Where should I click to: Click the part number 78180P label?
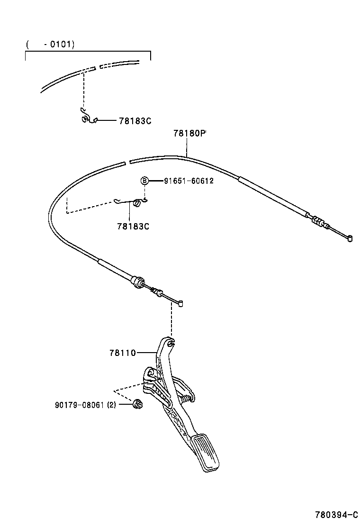pyautogui.click(x=189, y=134)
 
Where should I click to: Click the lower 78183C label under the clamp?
pyautogui.click(x=133, y=226)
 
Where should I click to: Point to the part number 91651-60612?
pyautogui.click(x=189, y=181)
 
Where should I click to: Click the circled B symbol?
pyautogui.click(x=144, y=181)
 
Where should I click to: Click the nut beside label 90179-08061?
pyautogui.click(x=139, y=404)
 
